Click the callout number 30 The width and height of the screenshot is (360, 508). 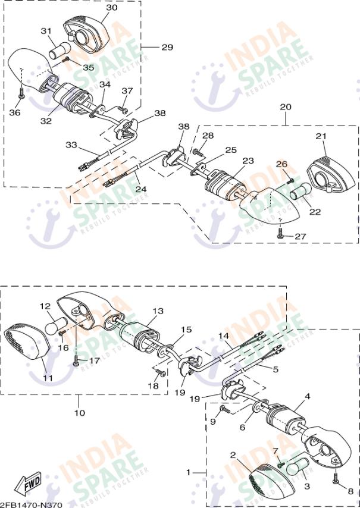pyautogui.click(x=112, y=8)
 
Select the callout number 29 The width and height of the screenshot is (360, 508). pyautogui.click(x=167, y=47)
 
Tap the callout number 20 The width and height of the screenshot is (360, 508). pyautogui.click(x=286, y=106)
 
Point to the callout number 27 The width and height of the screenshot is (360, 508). pyautogui.click(x=300, y=236)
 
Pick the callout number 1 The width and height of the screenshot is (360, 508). pyautogui.click(x=189, y=472)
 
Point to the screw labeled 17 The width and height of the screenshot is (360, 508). pyautogui.click(x=76, y=360)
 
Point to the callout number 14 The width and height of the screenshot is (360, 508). pyautogui.click(x=223, y=337)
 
